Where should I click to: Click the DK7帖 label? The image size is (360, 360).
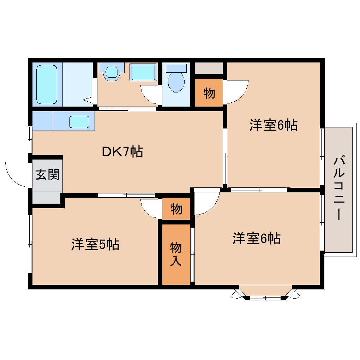tap(122, 152)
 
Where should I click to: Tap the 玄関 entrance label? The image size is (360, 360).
tap(48, 174)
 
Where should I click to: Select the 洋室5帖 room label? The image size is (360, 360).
tap(95, 244)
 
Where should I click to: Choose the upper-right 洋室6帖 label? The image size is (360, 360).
tap(273, 125)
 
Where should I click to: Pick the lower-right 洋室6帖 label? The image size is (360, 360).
tap(256, 239)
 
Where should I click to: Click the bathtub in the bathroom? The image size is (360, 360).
tap(47, 84)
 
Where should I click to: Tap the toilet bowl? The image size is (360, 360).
tap(176, 81)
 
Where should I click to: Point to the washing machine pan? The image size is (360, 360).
tap(143, 72)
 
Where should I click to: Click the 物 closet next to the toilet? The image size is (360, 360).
tap(209, 93)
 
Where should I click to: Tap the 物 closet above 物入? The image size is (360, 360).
tap(176, 209)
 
